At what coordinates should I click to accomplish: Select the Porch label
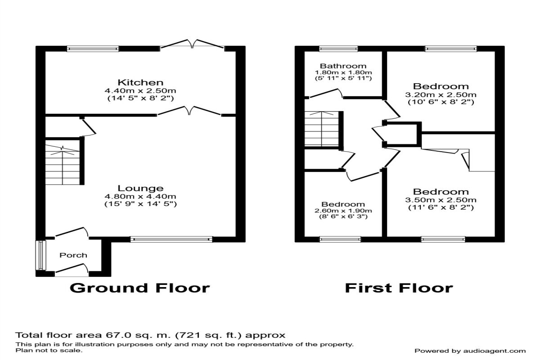coord(73,255)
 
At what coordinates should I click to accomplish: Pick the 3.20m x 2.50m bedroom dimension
coord(441,94)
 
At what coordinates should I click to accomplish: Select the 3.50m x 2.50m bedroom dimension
coord(441,200)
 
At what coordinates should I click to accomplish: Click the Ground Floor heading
coord(139,288)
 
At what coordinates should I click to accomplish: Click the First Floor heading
coord(399,288)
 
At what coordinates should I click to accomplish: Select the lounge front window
coord(171,239)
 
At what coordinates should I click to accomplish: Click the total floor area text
coord(150,335)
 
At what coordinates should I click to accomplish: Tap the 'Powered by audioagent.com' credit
coord(470,351)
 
